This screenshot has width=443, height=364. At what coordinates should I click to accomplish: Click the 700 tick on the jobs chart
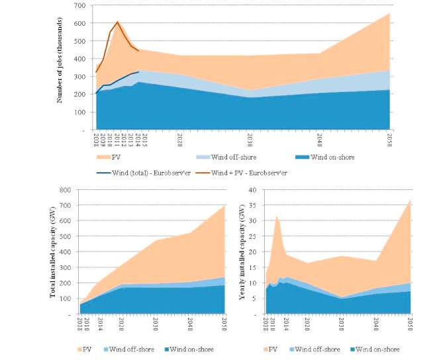[85, 6]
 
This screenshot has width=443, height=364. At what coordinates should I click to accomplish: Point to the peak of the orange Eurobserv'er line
[117, 22]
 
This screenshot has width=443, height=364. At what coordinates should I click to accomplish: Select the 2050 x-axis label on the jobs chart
[389, 140]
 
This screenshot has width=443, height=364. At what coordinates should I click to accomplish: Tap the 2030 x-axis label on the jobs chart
[250, 140]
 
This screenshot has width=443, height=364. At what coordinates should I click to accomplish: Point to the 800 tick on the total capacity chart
[69, 190]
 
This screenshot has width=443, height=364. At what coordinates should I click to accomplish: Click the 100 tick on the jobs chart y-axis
[85, 113]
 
